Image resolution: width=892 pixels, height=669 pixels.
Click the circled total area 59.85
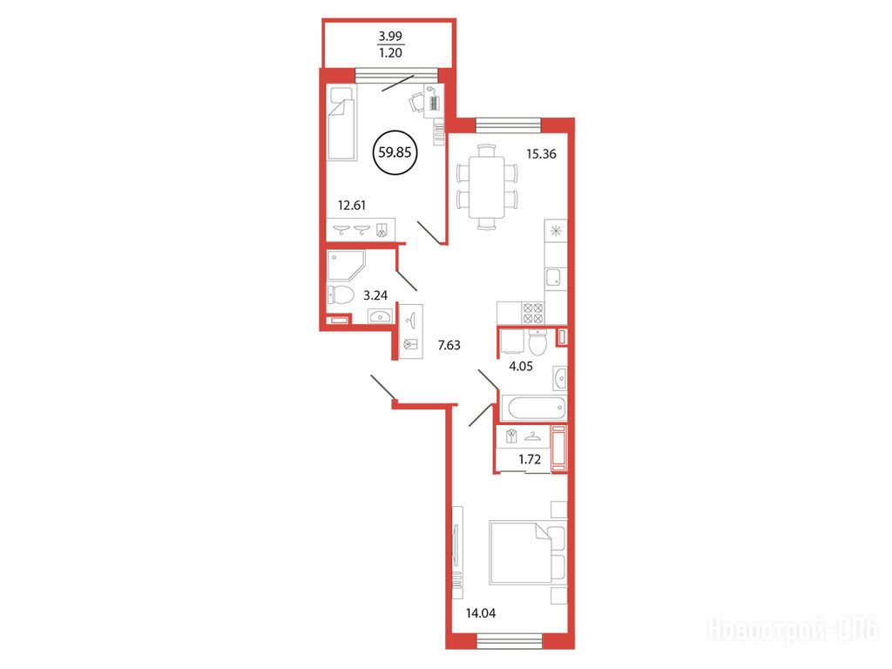coord(395,152)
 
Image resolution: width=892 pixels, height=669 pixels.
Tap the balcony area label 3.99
coord(390,36)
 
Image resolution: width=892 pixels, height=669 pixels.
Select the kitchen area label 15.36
coord(541,153)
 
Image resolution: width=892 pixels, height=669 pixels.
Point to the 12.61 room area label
coord(352,205)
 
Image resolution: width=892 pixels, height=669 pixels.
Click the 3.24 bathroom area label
coord(375,295)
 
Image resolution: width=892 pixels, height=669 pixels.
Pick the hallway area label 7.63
coord(449,345)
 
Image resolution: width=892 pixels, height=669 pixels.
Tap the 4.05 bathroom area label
coord(521,367)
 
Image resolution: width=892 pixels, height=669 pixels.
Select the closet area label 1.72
coord(530,459)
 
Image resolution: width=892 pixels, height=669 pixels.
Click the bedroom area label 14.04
coord(481,613)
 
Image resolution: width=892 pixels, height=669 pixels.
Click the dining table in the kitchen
coord(487,187)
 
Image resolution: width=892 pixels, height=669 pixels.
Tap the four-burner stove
coord(533,314)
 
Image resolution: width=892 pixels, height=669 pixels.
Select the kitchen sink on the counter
coord(553,278)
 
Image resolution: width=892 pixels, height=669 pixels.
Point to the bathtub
coord(537,408)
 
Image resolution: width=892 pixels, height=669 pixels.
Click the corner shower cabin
coord(345,265)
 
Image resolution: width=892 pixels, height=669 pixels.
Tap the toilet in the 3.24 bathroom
coord(341,295)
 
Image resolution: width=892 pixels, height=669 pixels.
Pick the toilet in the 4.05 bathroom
coord(537,341)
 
